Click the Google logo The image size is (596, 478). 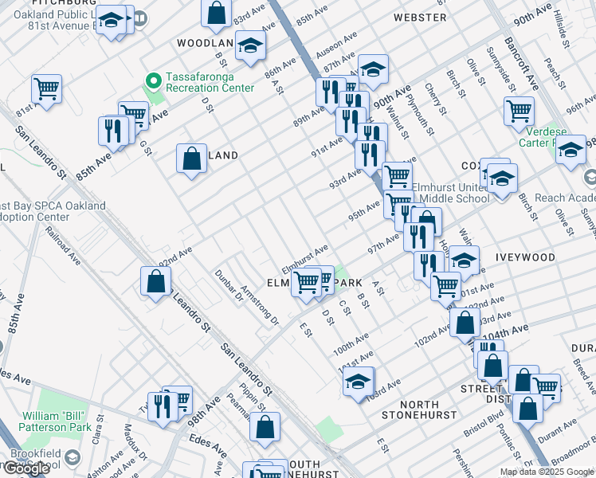(x=27, y=468)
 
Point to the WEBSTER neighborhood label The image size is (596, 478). (x=420, y=17)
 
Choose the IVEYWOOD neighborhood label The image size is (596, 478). (x=524, y=258)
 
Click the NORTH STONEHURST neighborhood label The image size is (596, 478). (x=418, y=409)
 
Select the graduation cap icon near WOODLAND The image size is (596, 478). (x=251, y=46)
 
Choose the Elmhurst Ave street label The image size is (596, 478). (x=304, y=261)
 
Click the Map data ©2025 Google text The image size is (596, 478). (x=546, y=472)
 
